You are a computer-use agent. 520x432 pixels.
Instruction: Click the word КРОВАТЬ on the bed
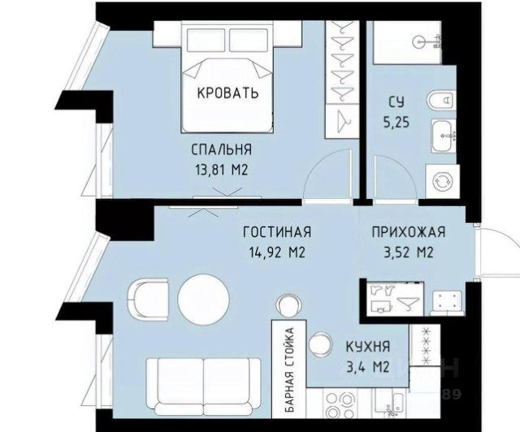point(227,93)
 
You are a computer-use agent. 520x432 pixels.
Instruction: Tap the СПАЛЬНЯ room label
point(222,149)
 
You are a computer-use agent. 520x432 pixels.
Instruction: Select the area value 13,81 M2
point(222,171)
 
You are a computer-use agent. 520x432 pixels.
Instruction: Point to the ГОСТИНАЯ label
point(277,231)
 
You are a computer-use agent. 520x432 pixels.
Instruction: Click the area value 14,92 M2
point(277,253)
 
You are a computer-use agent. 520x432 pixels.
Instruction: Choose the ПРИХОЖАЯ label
point(408,231)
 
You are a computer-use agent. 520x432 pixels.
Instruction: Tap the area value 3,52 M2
point(409,253)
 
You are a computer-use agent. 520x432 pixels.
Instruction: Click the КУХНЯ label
point(368,347)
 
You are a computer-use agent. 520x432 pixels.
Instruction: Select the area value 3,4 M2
point(368,367)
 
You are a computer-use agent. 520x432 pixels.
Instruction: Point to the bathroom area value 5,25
point(396,123)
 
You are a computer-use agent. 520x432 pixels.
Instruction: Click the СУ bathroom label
point(396,102)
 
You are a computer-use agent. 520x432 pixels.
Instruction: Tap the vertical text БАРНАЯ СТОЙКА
point(289,369)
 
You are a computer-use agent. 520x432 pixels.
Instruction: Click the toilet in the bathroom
point(440,100)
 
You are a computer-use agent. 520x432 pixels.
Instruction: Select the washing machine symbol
point(443,181)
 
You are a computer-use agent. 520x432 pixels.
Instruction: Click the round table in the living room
point(203,299)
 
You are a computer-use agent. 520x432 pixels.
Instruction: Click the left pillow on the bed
point(206,40)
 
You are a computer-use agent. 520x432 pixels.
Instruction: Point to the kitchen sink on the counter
point(389,404)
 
